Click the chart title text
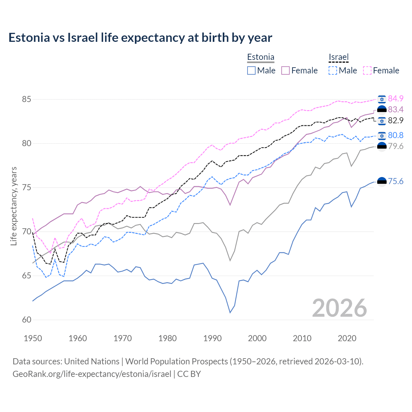tap(140, 38)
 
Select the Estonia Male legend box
tap(251, 70)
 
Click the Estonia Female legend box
tap(286, 70)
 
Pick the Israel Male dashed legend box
tap(333, 70)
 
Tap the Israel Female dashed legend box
tap(367, 70)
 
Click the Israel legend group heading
tap(339, 57)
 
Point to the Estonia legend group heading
tap(261, 57)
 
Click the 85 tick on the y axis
tap(26, 99)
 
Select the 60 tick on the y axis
tap(26, 320)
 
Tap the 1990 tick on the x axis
tap(212, 338)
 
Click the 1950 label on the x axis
tap(33, 338)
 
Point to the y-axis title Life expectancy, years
tap(14, 206)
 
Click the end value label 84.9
tap(396, 98)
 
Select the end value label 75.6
tap(396, 182)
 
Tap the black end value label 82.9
tap(396, 121)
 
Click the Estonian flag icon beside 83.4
tap(382, 110)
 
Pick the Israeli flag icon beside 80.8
tap(382, 136)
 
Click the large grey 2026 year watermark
tap(340, 308)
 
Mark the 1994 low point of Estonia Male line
tap(230, 313)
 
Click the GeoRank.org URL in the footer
tap(92, 374)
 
